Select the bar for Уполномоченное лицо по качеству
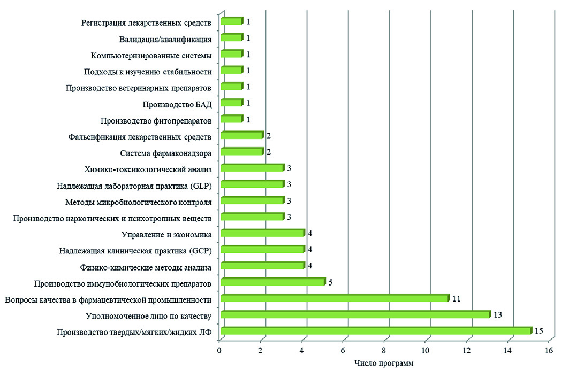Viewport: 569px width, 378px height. (355, 314)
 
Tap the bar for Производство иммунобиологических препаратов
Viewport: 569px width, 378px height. (272, 282)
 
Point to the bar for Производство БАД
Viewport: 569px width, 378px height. (231, 103)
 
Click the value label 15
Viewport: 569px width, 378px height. (538, 331)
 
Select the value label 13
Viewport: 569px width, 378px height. (497, 314)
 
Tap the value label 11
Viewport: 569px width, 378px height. (456, 298)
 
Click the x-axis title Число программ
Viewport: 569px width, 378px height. (384, 364)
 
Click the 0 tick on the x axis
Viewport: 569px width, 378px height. (219, 350)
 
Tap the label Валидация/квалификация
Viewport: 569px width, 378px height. (164, 39)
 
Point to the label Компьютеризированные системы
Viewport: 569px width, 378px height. (151, 55)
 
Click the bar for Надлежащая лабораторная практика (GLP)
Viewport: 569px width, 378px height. (252, 184)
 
